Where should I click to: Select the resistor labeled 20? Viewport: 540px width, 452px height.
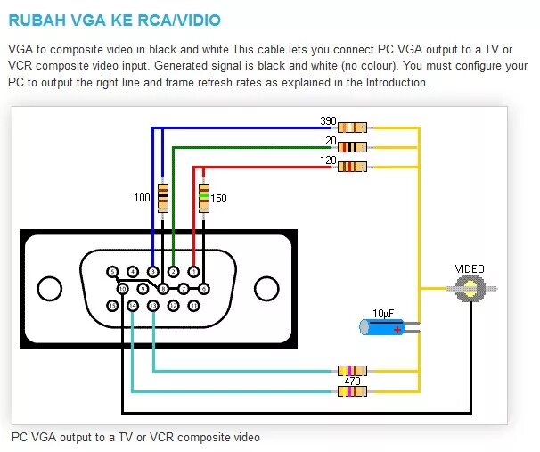pyautogui.click(x=353, y=147)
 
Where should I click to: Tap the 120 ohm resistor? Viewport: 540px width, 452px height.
pyautogui.click(x=353, y=166)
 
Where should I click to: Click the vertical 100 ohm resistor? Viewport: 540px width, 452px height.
pyautogui.click(x=162, y=197)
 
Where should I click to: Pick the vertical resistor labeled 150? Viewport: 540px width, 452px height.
pyautogui.click(x=203, y=197)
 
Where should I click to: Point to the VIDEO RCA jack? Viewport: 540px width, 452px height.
pyautogui.click(x=469, y=288)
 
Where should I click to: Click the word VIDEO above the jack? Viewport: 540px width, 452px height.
pyautogui.click(x=470, y=268)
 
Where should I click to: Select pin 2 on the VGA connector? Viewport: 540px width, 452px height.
pyautogui.click(x=174, y=272)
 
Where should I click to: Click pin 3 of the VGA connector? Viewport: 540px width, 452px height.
pyautogui.click(x=153, y=272)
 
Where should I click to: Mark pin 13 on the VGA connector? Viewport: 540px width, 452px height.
pyautogui.click(x=153, y=306)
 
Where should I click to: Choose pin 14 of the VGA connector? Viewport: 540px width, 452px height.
pyautogui.click(x=133, y=306)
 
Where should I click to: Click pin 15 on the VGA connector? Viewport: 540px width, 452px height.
pyautogui.click(x=112, y=306)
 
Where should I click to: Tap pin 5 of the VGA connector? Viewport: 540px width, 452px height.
pyautogui.click(x=112, y=272)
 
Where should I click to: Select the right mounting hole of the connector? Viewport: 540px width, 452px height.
pyautogui.click(x=266, y=288)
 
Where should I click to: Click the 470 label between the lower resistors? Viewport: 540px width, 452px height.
pyautogui.click(x=352, y=381)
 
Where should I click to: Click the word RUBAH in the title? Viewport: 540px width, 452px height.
pyautogui.click(x=37, y=20)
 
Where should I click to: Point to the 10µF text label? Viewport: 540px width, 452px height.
pyautogui.click(x=383, y=313)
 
